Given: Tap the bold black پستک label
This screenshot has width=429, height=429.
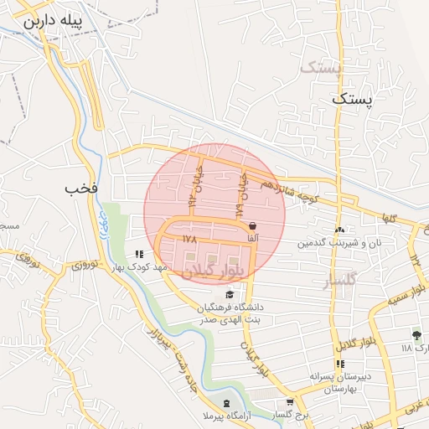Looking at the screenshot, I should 349,99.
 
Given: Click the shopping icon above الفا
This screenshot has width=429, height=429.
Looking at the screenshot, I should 252,225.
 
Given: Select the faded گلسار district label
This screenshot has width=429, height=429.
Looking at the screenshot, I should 341,281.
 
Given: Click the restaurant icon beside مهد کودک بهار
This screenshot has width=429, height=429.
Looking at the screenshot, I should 139,255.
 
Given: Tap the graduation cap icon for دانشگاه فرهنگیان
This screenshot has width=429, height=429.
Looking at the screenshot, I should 230,292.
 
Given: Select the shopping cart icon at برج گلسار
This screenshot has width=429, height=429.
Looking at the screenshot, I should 290,402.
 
